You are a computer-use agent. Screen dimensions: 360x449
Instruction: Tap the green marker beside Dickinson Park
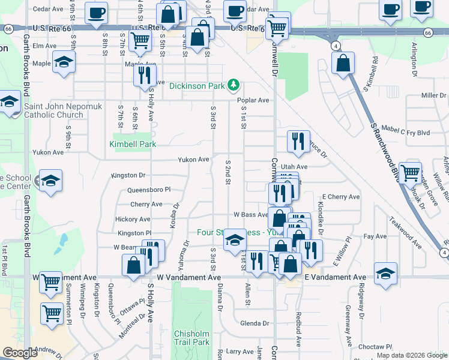click(x=234, y=86)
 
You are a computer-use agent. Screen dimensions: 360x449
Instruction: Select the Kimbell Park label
click(x=133, y=144)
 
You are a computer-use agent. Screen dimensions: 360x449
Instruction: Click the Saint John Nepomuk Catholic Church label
click(x=53, y=111)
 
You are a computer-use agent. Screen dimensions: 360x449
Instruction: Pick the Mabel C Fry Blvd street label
click(x=406, y=132)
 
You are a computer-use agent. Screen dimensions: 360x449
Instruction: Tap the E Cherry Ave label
click(x=340, y=197)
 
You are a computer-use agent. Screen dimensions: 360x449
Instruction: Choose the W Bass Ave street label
click(x=250, y=214)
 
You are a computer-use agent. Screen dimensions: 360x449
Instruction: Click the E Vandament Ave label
click(x=335, y=277)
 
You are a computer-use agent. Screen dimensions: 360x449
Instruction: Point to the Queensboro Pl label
click(x=149, y=190)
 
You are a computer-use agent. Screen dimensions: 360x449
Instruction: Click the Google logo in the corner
click(x=20, y=353)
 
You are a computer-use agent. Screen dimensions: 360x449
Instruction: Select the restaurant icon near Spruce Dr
click(x=298, y=142)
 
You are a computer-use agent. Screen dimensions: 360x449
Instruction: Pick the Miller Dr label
click(x=434, y=95)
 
